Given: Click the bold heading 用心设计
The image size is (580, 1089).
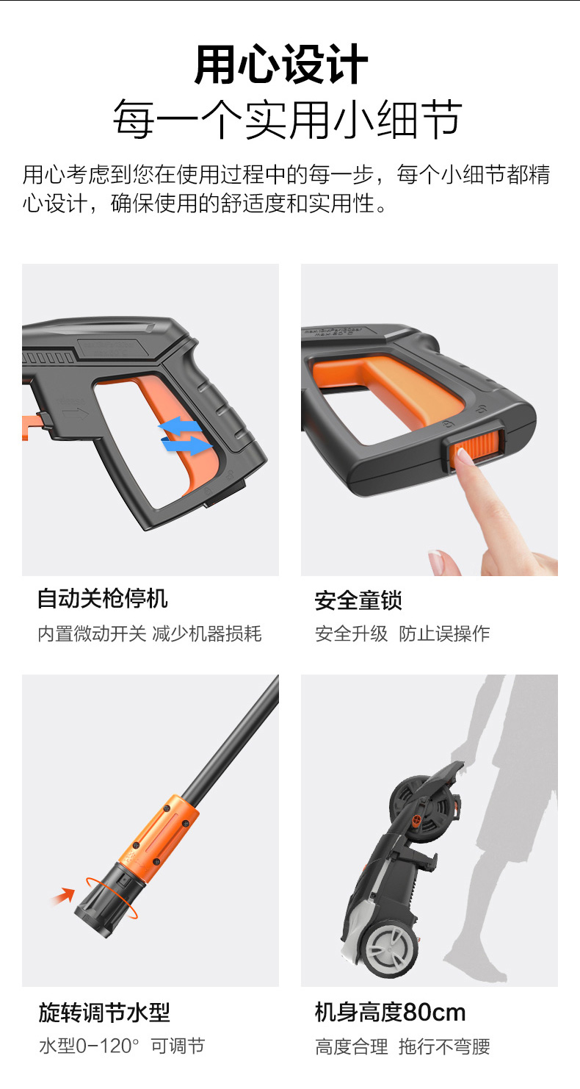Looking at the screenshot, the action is click(281, 65).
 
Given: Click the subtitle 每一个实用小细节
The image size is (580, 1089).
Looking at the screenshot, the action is click(288, 119).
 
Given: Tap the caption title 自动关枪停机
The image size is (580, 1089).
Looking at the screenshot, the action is click(103, 598).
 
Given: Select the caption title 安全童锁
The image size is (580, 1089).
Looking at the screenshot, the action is click(358, 600).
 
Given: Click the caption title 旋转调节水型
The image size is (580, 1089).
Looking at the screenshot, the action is click(104, 1013).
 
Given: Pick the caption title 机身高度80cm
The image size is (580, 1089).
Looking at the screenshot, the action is click(390, 1013).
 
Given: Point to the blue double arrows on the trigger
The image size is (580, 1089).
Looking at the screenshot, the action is click(186, 436).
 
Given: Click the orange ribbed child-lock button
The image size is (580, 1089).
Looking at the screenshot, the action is click(476, 448).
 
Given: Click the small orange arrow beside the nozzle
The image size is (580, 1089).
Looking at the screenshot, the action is click(63, 896).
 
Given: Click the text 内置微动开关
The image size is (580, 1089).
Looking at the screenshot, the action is click(92, 634).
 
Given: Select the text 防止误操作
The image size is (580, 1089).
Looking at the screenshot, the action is click(444, 633).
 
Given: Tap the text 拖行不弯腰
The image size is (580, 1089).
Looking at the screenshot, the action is click(444, 1046).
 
